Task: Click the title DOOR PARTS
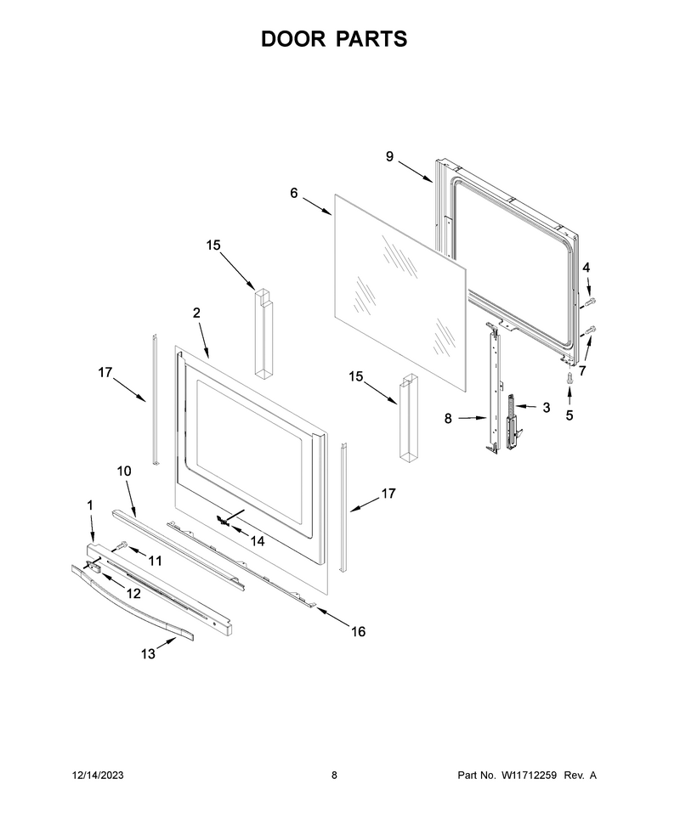point(334,39)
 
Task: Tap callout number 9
point(389,156)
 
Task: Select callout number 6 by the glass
point(294,194)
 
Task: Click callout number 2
point(196,313)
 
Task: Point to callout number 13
point(148,653)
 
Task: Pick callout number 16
point(358,631)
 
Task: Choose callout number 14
point(258,540)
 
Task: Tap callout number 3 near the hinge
point(547,407)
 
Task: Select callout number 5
point(569,415)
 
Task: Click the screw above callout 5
point(569,377)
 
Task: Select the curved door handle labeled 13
point(132,603)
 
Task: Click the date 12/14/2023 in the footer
point(98,775)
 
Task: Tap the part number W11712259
point(529,775)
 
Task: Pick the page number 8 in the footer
point(335,775)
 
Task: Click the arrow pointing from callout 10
point(130,499)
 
